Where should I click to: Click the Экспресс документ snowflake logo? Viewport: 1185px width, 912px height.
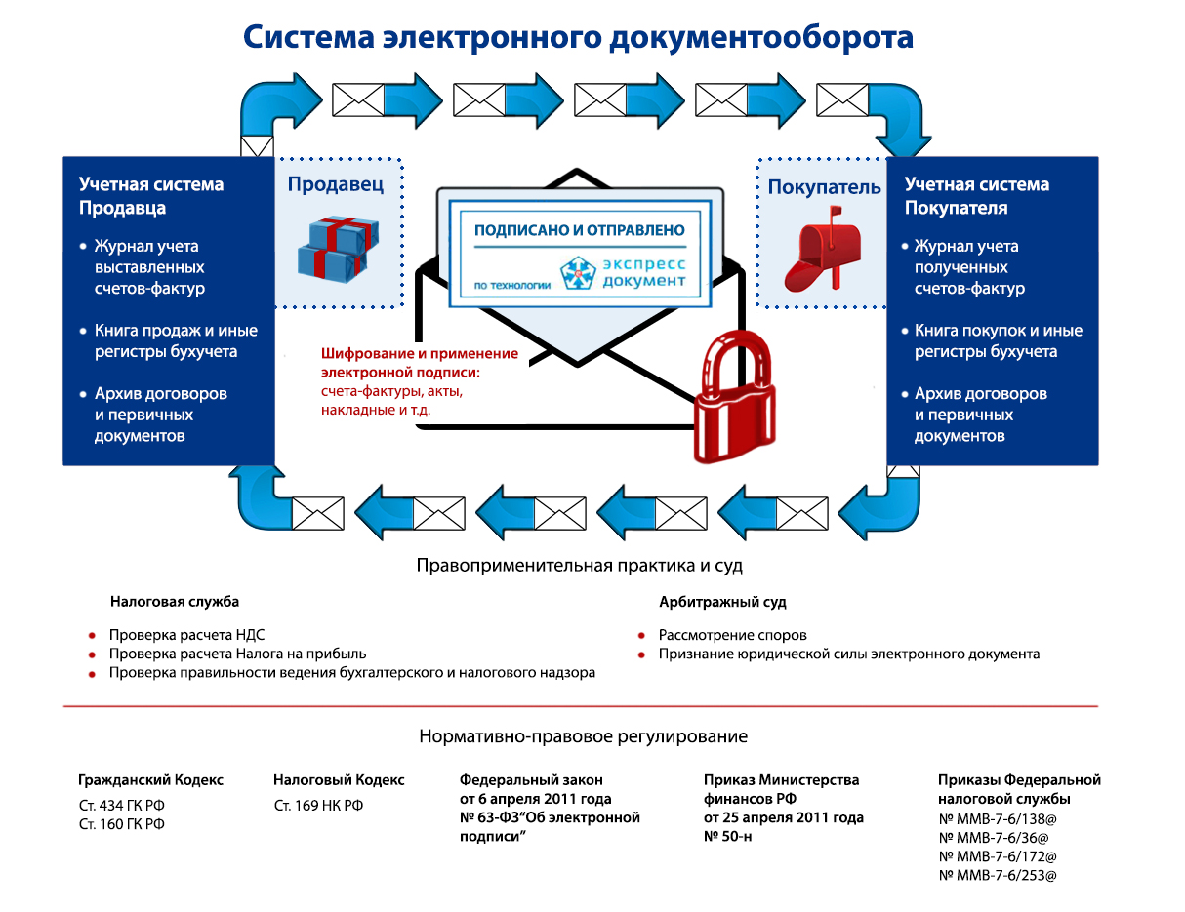[x=578, y=272]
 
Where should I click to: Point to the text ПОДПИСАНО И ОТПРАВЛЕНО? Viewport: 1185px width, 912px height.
[x=579, y=231]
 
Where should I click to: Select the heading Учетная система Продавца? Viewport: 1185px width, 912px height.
[x=151, y=196]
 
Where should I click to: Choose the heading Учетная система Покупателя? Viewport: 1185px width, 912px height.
[x=977, y=196]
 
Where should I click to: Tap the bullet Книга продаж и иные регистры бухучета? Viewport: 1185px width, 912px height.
[x=166, y=341]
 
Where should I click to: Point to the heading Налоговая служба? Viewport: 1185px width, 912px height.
[x=174, y=602]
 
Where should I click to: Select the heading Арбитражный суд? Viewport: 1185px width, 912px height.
[x=722, y=602]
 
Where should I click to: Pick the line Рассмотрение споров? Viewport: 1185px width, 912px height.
[x=732, y=635]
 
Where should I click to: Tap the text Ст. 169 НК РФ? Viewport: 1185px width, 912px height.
[x=318, y=806]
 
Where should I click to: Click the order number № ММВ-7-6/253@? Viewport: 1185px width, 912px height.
[x=998, y=875]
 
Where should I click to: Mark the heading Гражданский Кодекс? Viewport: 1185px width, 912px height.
[x=150, y=780]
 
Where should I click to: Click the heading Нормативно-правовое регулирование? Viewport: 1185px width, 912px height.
[x=583, y=736]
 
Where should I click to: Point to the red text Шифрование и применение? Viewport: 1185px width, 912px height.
[x=420, y=354]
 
